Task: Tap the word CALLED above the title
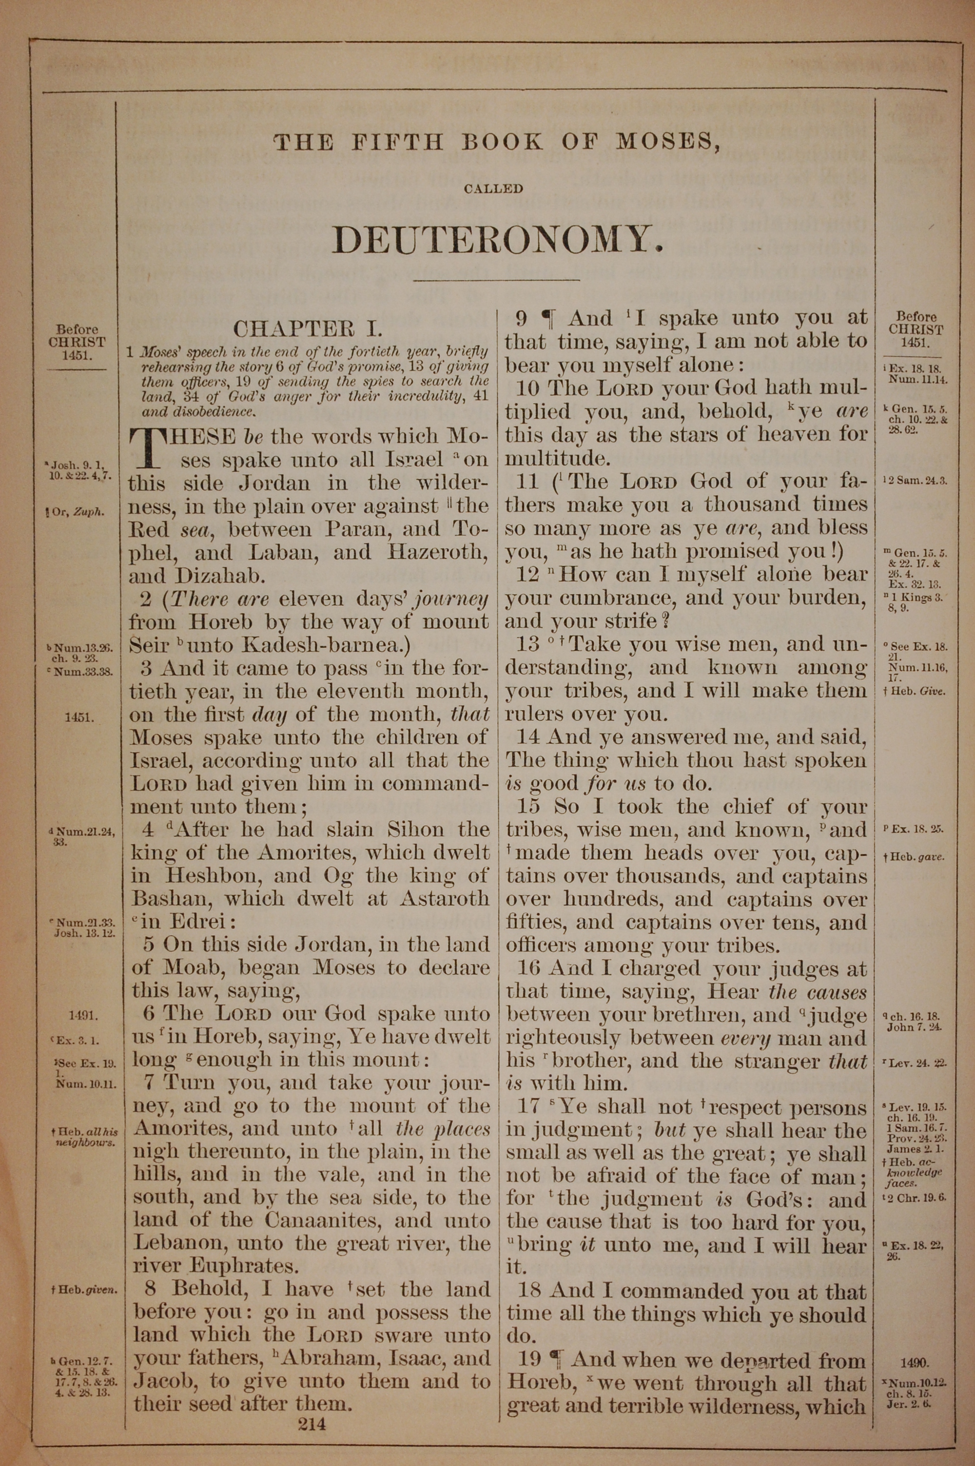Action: (x=493, y=189)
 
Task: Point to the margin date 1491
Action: (x=83, y=1016)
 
